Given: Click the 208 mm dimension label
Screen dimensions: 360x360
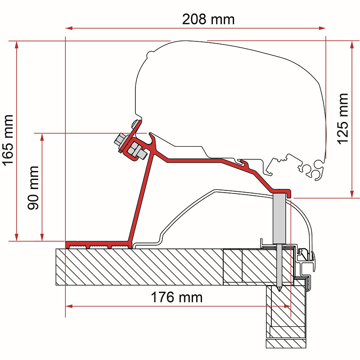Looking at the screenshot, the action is (208, 19).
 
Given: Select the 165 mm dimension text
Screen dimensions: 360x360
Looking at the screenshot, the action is (8, 140).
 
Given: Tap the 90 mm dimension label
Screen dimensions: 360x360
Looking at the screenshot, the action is (33, 188).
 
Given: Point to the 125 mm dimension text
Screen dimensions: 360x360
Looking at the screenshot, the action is (342, 119).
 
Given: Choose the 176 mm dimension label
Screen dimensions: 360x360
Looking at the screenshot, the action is (176, 297).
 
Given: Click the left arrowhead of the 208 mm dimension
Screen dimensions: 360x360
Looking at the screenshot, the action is (69, 28).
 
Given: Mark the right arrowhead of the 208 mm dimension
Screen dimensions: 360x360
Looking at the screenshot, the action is (322, 28).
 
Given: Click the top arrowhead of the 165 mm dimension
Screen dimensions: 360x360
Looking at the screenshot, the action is (16, 45).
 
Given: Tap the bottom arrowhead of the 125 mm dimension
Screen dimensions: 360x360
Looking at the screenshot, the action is (352, 194).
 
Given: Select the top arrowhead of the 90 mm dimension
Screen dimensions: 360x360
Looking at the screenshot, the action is (42, 137).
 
